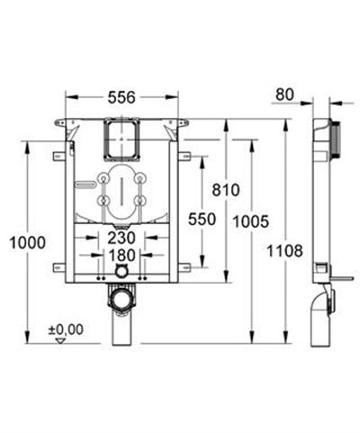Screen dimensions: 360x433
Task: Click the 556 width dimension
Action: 121,97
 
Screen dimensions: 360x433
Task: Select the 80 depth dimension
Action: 284,95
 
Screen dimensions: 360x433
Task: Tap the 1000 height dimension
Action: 28,242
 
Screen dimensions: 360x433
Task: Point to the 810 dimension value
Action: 226,190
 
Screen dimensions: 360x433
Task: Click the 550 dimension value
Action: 202,219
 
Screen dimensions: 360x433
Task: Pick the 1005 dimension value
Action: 251,221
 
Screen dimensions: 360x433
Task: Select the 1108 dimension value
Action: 284,251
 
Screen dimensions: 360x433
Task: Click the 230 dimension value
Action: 121,238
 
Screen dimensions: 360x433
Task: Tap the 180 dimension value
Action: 121,256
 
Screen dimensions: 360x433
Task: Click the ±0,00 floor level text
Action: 66,329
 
